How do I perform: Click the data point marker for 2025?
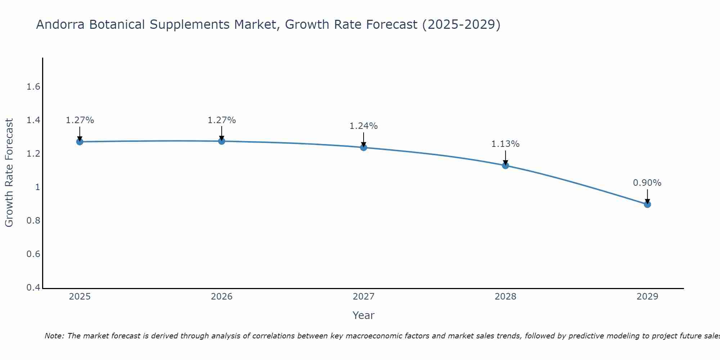80,142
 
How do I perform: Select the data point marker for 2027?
364,147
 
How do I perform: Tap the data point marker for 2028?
505,166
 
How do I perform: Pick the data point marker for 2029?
647,204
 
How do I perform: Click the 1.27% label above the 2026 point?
222,120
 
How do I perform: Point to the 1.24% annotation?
364,126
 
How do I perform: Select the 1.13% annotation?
505,144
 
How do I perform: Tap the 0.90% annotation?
647,183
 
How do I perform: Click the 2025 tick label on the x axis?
80,297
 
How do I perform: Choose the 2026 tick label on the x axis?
222,297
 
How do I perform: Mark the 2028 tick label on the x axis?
505,297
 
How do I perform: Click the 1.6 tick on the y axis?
33,87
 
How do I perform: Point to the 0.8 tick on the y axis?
33,221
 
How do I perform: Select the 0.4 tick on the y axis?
33,288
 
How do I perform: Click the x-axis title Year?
364,315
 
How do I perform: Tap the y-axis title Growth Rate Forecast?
9,173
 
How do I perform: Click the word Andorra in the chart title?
60,24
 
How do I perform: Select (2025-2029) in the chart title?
461,24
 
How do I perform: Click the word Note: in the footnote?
54,336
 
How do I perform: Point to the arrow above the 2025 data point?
80,134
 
